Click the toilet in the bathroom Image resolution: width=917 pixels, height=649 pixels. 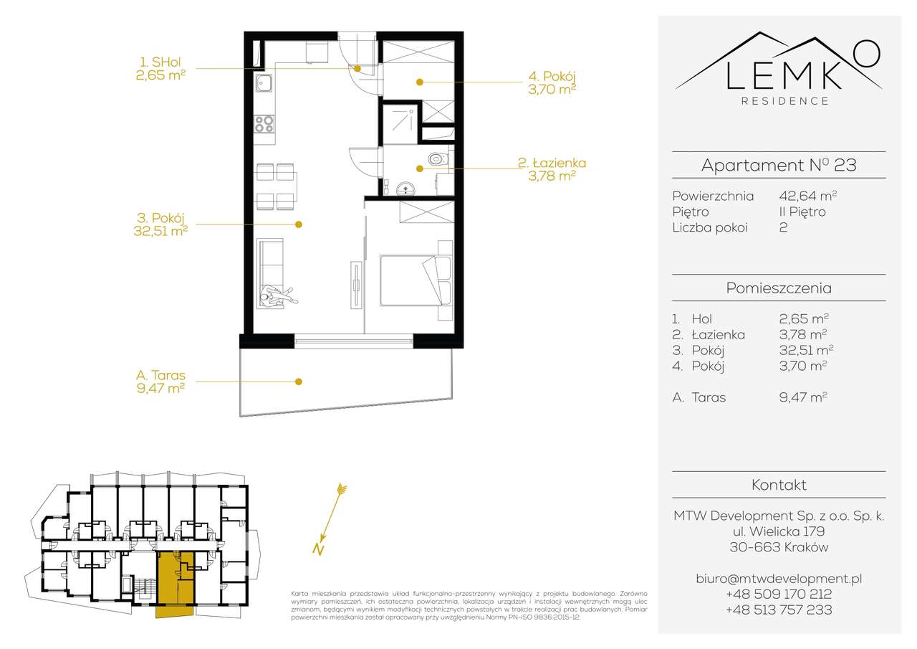click(x=436, y=159)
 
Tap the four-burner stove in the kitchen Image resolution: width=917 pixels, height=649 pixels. click(x=264, y=123)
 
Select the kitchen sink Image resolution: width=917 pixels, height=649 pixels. click(x=264, y=82)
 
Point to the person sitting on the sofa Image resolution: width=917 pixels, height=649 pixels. click(x=273, y=295)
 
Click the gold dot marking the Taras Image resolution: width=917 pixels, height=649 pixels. click(x=299, y=382)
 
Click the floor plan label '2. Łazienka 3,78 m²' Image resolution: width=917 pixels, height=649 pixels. click(x=552, y=169)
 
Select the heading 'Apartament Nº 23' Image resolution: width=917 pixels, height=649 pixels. click(x=779, y=165)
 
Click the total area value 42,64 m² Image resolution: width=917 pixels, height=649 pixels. click(x=807, y=195)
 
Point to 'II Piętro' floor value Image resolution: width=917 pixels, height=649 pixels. click(x=802, y=212)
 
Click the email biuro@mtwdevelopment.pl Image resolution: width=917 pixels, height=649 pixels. click(x=779, y=578)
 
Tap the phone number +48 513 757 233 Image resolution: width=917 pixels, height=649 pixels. click(x=779, y=610)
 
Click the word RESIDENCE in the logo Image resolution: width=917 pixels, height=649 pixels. click(x=784, y=101)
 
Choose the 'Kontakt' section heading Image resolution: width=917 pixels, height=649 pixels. click(x=779, y=485)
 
